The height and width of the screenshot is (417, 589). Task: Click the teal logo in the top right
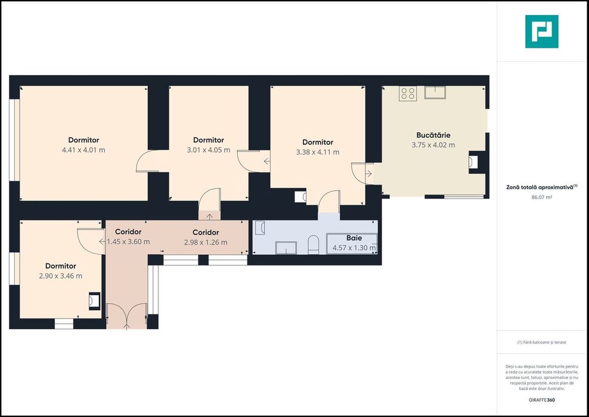(x=542, y=32)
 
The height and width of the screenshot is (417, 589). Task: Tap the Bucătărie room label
(x=433, y=135)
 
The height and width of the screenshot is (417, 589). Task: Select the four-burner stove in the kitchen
(x=408, y=93)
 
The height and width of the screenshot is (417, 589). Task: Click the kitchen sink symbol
(x=435, y=92)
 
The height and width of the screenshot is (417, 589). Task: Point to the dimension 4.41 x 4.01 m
(x=83, y=150)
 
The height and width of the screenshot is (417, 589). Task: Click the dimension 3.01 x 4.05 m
(x=209, y=150)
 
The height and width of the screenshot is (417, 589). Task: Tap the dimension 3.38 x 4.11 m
(x=318, y=152)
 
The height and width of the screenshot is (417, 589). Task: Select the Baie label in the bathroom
(x=354, y=238)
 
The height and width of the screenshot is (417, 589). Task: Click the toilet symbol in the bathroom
(x=314, y=245)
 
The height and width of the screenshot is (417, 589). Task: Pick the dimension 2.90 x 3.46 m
(x=60, y=276)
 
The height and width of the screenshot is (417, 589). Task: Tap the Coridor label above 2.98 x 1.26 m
(x=206, y=233)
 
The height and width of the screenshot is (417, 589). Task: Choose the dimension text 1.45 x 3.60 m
(x=128, y=242)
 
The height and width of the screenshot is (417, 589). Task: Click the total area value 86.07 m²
(x=541, y=197)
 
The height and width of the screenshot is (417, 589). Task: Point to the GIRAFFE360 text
(x=541, y=400)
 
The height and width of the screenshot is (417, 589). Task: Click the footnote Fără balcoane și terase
(x=541, y=342)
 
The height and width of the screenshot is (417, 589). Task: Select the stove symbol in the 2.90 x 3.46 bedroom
(x=94, y=301)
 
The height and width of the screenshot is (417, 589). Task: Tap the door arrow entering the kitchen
(x=369, y=174)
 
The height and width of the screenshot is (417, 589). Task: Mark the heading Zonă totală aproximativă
(x=542, y=187)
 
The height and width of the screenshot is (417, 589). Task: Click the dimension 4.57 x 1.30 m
(x=354, y=248)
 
